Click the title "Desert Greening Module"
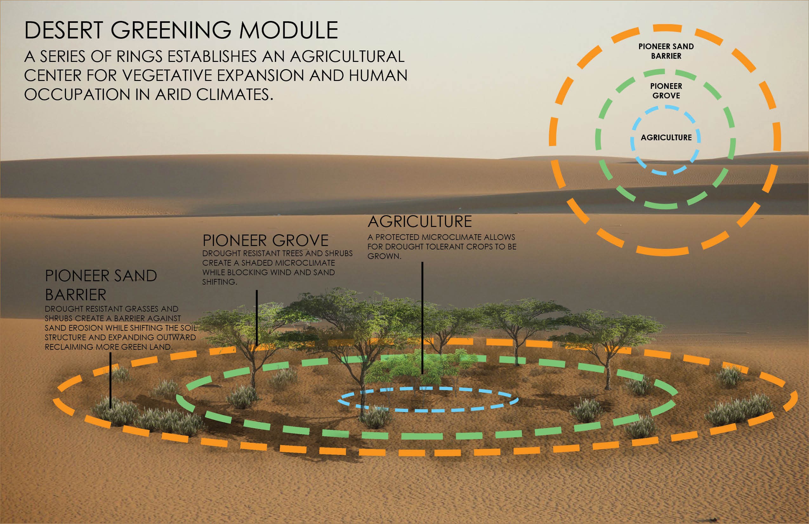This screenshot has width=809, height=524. click(x=181, y=30)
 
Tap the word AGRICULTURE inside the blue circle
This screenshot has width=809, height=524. click(x=666, y=137)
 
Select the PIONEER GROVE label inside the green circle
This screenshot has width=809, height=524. click(x=666, y=91)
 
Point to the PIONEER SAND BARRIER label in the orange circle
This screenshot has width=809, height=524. click(x=666, y=51)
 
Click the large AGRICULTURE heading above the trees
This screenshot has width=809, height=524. click(x=420, y=222)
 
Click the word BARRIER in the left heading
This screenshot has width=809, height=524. click(x=76, y=295)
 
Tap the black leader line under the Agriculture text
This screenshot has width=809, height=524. click(x=422, y=318)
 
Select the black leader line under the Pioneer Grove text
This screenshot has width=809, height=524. click(x=257, y=318)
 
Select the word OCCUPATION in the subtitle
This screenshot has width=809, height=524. click(x=77, y=95)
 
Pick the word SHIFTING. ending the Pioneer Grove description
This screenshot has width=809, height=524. click(x=220, y=282)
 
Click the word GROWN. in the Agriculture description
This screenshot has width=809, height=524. click(x=384, y=256)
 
